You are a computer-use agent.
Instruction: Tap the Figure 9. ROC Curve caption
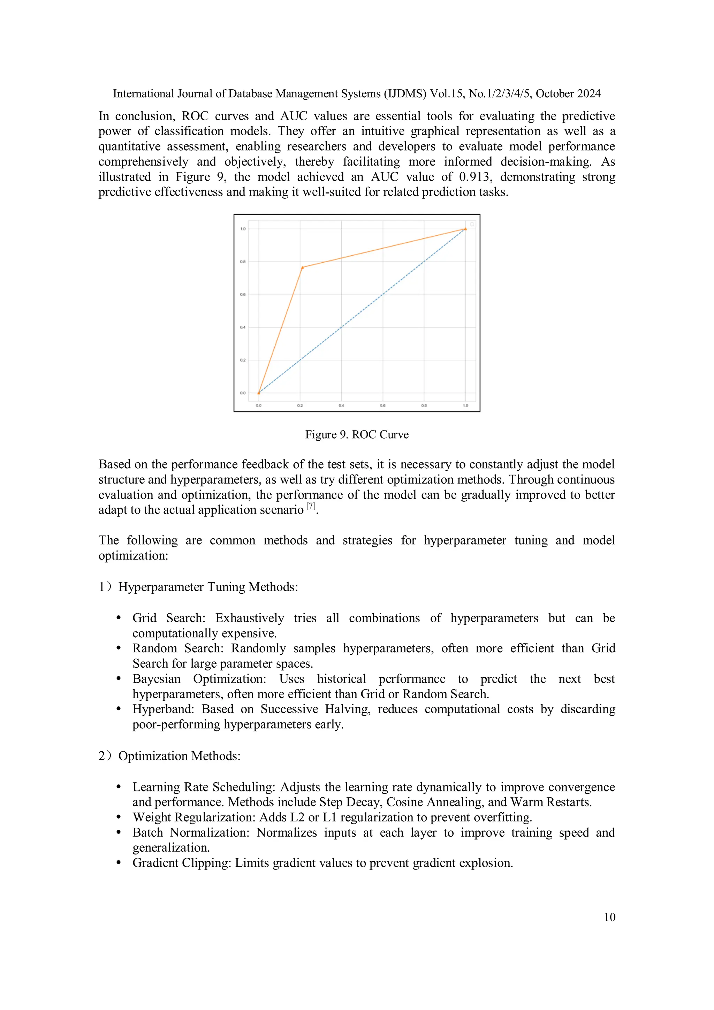(x=357, y=435)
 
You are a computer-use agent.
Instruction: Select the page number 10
(x=609, y=917)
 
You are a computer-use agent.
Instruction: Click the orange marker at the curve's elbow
(x=302, y=267)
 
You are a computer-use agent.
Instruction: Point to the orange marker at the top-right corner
(x=465, y=229)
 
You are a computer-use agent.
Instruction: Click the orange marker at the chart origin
(x=259, y=393)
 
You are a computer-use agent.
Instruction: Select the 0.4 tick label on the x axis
(x=341, y=405)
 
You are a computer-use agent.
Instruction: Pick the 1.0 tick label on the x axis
(x=465, y=405)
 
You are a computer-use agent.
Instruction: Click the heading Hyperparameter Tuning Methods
(x=208, y=587)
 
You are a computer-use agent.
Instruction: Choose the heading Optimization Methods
(x=179, y=756)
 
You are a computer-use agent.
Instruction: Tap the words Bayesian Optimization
(x=199, y=679)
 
